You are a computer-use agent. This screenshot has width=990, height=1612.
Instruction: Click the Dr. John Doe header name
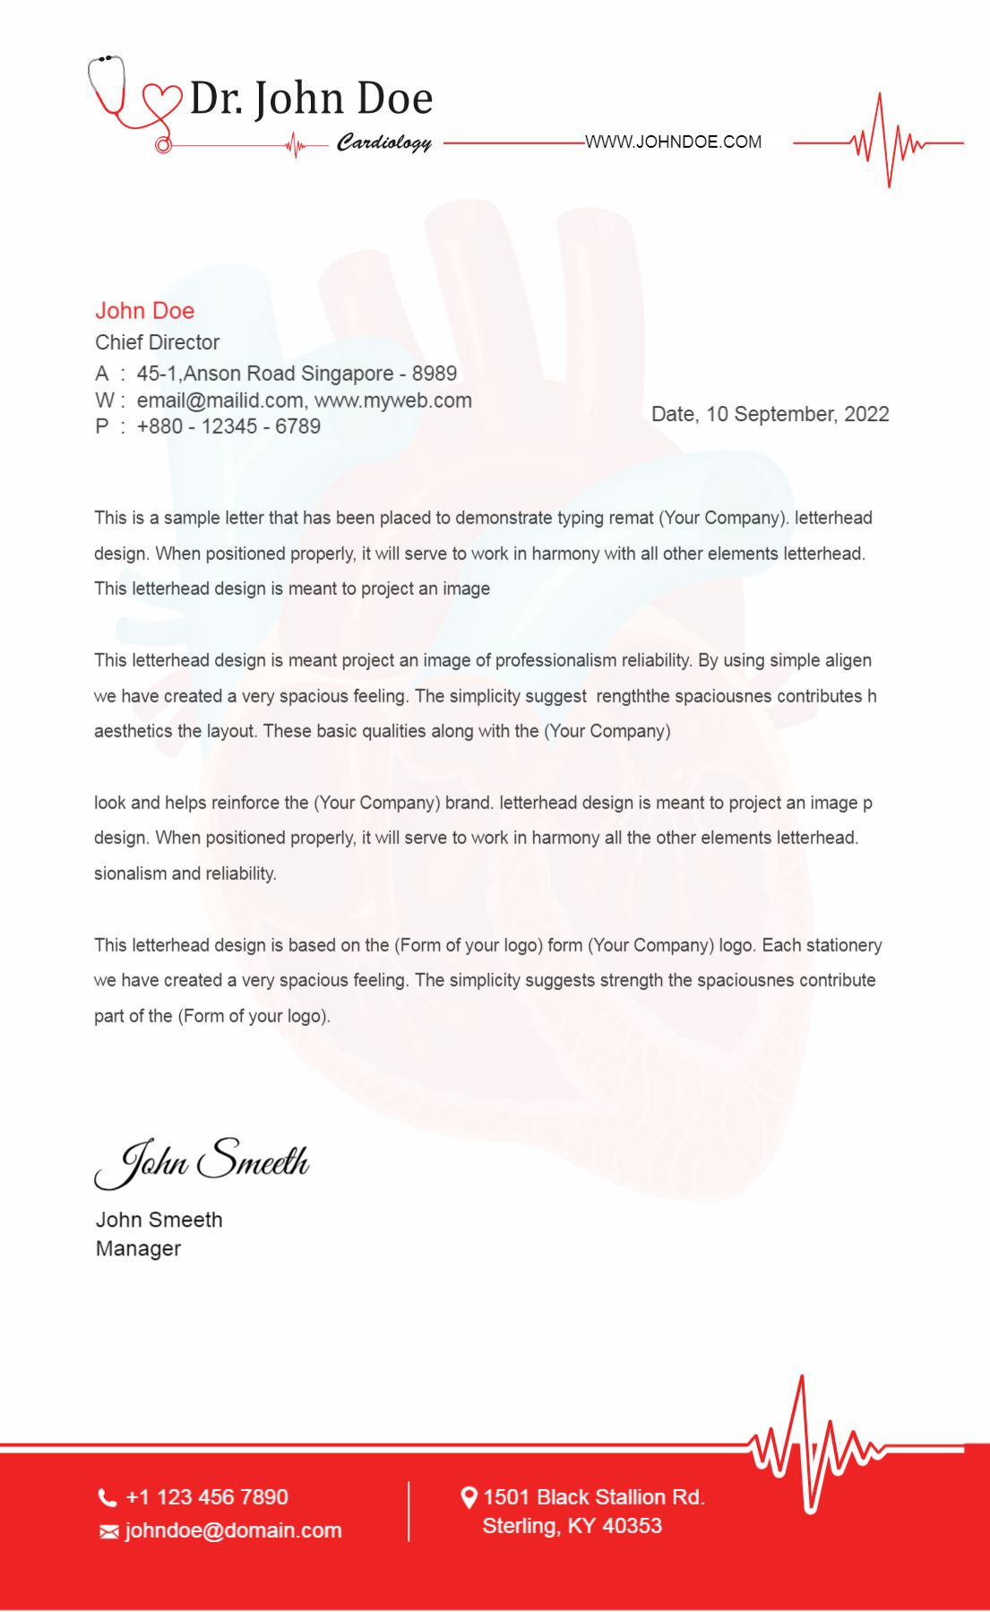tap(311, 99)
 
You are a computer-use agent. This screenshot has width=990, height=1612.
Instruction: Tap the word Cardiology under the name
tap(383, 142)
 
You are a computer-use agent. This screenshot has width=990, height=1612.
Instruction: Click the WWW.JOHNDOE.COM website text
tap(673, 142)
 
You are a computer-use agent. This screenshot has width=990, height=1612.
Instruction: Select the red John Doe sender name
tap(144, 311)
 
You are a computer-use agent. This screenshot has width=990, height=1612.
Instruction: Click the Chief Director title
tap(157, 342)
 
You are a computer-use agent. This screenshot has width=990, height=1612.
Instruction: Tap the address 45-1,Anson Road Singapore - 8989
tap(297, 374)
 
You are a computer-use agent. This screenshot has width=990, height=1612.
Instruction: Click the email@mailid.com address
tap(220, 401)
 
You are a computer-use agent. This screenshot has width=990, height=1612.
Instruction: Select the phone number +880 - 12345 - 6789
tap(228, 427)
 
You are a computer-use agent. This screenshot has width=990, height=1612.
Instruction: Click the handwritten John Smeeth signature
tap(202, 1161)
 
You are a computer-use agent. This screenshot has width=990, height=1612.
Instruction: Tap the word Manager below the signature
tap(138, 1248)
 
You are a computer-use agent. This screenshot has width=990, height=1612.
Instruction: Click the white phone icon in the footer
tap(108, 1497)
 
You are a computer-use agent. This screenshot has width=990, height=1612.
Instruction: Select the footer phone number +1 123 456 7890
tap(207, 1497)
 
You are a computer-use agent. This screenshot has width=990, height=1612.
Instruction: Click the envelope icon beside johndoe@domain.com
tap(108, 1532)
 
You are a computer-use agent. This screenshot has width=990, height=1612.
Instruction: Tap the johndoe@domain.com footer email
tap(233, 1530)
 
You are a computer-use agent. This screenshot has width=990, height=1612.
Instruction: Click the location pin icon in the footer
tap(469, 1497)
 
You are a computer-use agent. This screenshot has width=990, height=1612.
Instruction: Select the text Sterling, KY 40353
tap(572, 1526)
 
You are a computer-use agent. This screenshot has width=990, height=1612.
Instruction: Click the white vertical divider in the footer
tap(409, 1511)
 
